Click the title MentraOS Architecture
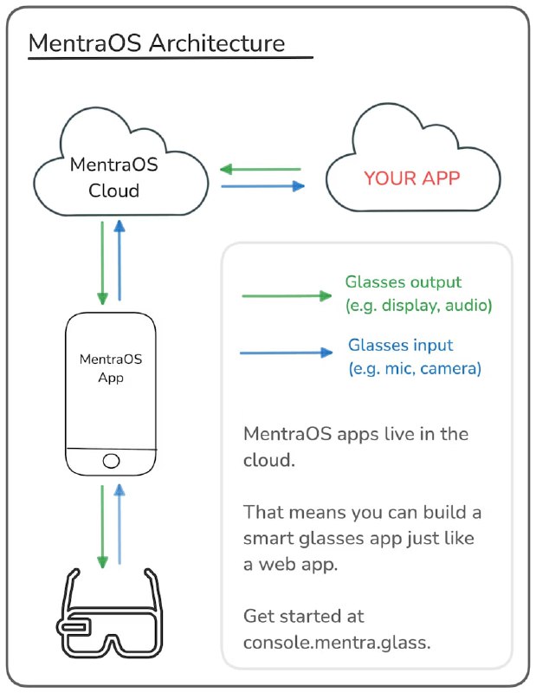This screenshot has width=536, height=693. click(x=156, y=42)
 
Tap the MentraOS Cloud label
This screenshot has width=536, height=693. click(x=114, y=177)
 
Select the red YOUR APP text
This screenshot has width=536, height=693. click(x=412, y=178)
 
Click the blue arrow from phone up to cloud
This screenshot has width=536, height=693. click(x=120, y=260)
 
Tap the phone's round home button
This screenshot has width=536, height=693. click(x=112, y=460)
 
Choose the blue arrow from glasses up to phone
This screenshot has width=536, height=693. click(x=120, y=524)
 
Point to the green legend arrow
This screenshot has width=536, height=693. click(x=287, y=296)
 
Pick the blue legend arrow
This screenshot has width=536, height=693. click(x=287, y=353)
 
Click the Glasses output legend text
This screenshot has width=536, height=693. click(x=404, y=282)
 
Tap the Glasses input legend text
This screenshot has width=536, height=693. click(x=400, y=345)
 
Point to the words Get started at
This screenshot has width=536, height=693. click(x=304, y=616)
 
